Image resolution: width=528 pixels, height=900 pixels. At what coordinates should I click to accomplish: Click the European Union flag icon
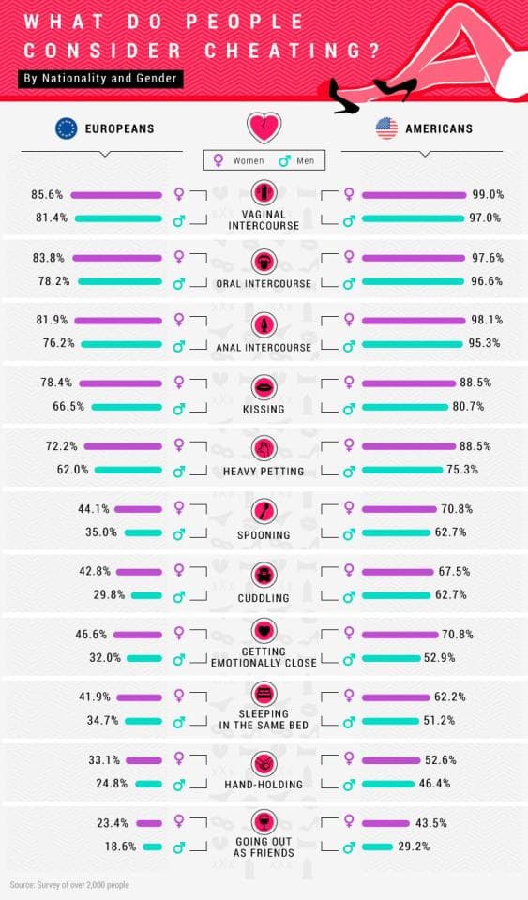point(66,128)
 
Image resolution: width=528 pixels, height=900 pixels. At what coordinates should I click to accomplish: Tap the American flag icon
point(386,128)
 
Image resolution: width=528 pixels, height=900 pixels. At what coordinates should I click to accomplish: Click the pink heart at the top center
point(264,127)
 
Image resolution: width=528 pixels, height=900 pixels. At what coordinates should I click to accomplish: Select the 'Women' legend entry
point(239,160)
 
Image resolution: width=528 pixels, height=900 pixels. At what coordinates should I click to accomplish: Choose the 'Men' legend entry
point(296,160)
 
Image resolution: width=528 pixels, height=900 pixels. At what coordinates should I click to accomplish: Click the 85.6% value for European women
point(47,195)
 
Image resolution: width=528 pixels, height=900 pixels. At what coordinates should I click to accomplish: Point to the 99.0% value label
point(488,195)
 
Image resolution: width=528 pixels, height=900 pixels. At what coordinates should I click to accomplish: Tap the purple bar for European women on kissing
point(121,382)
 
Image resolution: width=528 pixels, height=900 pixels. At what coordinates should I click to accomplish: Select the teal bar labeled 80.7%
point(404,407)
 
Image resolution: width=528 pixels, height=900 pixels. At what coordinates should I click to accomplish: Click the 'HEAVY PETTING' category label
point(264,472)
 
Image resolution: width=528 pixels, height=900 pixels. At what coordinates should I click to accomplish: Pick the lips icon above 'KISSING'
point(264,387)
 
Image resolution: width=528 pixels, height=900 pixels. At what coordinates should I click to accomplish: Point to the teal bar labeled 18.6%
point(152,847)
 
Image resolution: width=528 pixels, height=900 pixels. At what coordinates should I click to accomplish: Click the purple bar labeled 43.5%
point(385,823)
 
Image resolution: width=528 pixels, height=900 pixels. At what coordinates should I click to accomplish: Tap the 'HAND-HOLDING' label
point(264,785)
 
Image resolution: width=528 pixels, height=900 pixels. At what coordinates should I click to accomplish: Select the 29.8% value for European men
point(109,594)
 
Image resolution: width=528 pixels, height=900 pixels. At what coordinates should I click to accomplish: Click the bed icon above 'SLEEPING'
point(264,695)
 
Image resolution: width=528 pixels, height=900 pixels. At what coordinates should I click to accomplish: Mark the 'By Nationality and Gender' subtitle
point(100,79)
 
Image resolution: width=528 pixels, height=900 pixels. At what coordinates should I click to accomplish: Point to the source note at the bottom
point(69,884)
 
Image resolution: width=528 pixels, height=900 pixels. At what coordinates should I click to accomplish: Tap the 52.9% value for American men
point(440,658)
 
